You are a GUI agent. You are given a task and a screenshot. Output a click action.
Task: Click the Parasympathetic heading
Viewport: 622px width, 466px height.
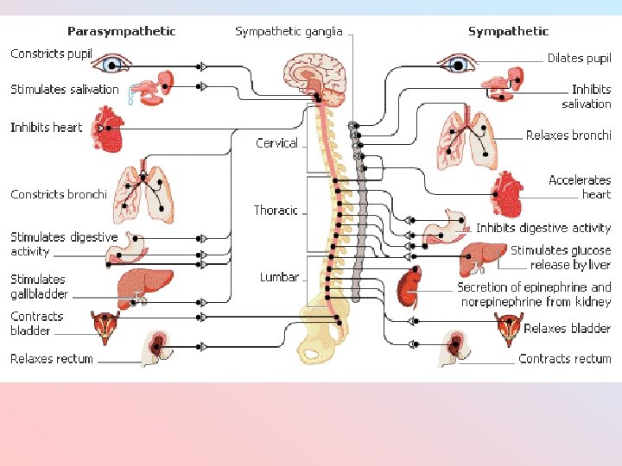tap(121, 32)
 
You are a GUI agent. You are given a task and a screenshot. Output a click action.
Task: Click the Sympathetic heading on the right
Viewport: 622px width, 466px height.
tap(508, 32)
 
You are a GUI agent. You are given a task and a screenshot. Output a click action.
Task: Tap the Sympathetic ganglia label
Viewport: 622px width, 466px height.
tap(289, 32)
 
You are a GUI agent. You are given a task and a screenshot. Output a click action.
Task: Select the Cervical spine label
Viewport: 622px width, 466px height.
tap(276, 143)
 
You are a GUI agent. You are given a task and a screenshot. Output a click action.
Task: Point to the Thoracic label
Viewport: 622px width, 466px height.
tap(276, 211)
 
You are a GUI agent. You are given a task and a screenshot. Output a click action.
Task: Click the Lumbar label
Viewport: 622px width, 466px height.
tap(279, 277)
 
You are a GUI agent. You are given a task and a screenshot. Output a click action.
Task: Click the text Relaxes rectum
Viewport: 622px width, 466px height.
tap(52, 359)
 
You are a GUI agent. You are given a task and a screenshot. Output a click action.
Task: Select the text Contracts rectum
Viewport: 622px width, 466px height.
tap(564, 359)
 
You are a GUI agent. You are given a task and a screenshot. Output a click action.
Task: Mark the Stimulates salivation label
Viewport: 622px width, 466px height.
tap(65, 90)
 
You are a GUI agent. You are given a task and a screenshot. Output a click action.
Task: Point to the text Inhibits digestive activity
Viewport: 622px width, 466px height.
tap(543, 229)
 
